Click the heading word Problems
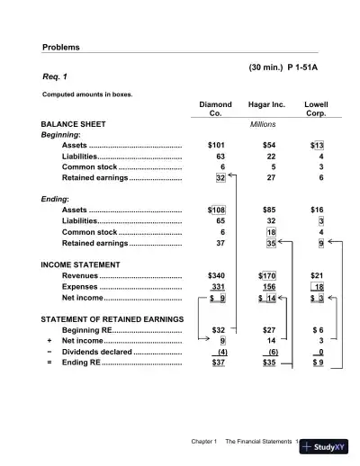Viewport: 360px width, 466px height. click(61, 47)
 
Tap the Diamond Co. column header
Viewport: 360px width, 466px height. click(215, 110)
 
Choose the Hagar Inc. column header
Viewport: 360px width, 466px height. click(266, 104)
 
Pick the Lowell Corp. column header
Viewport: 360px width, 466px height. click(316, 110)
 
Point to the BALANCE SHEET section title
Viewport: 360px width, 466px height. click(74, 123)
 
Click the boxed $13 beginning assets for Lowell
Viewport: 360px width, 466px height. click(317, 144)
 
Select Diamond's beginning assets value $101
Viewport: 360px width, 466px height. click(216, 144)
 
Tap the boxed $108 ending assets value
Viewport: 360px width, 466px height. click(216, 210)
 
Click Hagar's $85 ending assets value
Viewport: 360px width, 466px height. click(268, 210)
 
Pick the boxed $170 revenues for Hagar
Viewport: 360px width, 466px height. click(268, 275)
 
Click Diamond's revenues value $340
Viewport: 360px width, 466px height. click(216, 275)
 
